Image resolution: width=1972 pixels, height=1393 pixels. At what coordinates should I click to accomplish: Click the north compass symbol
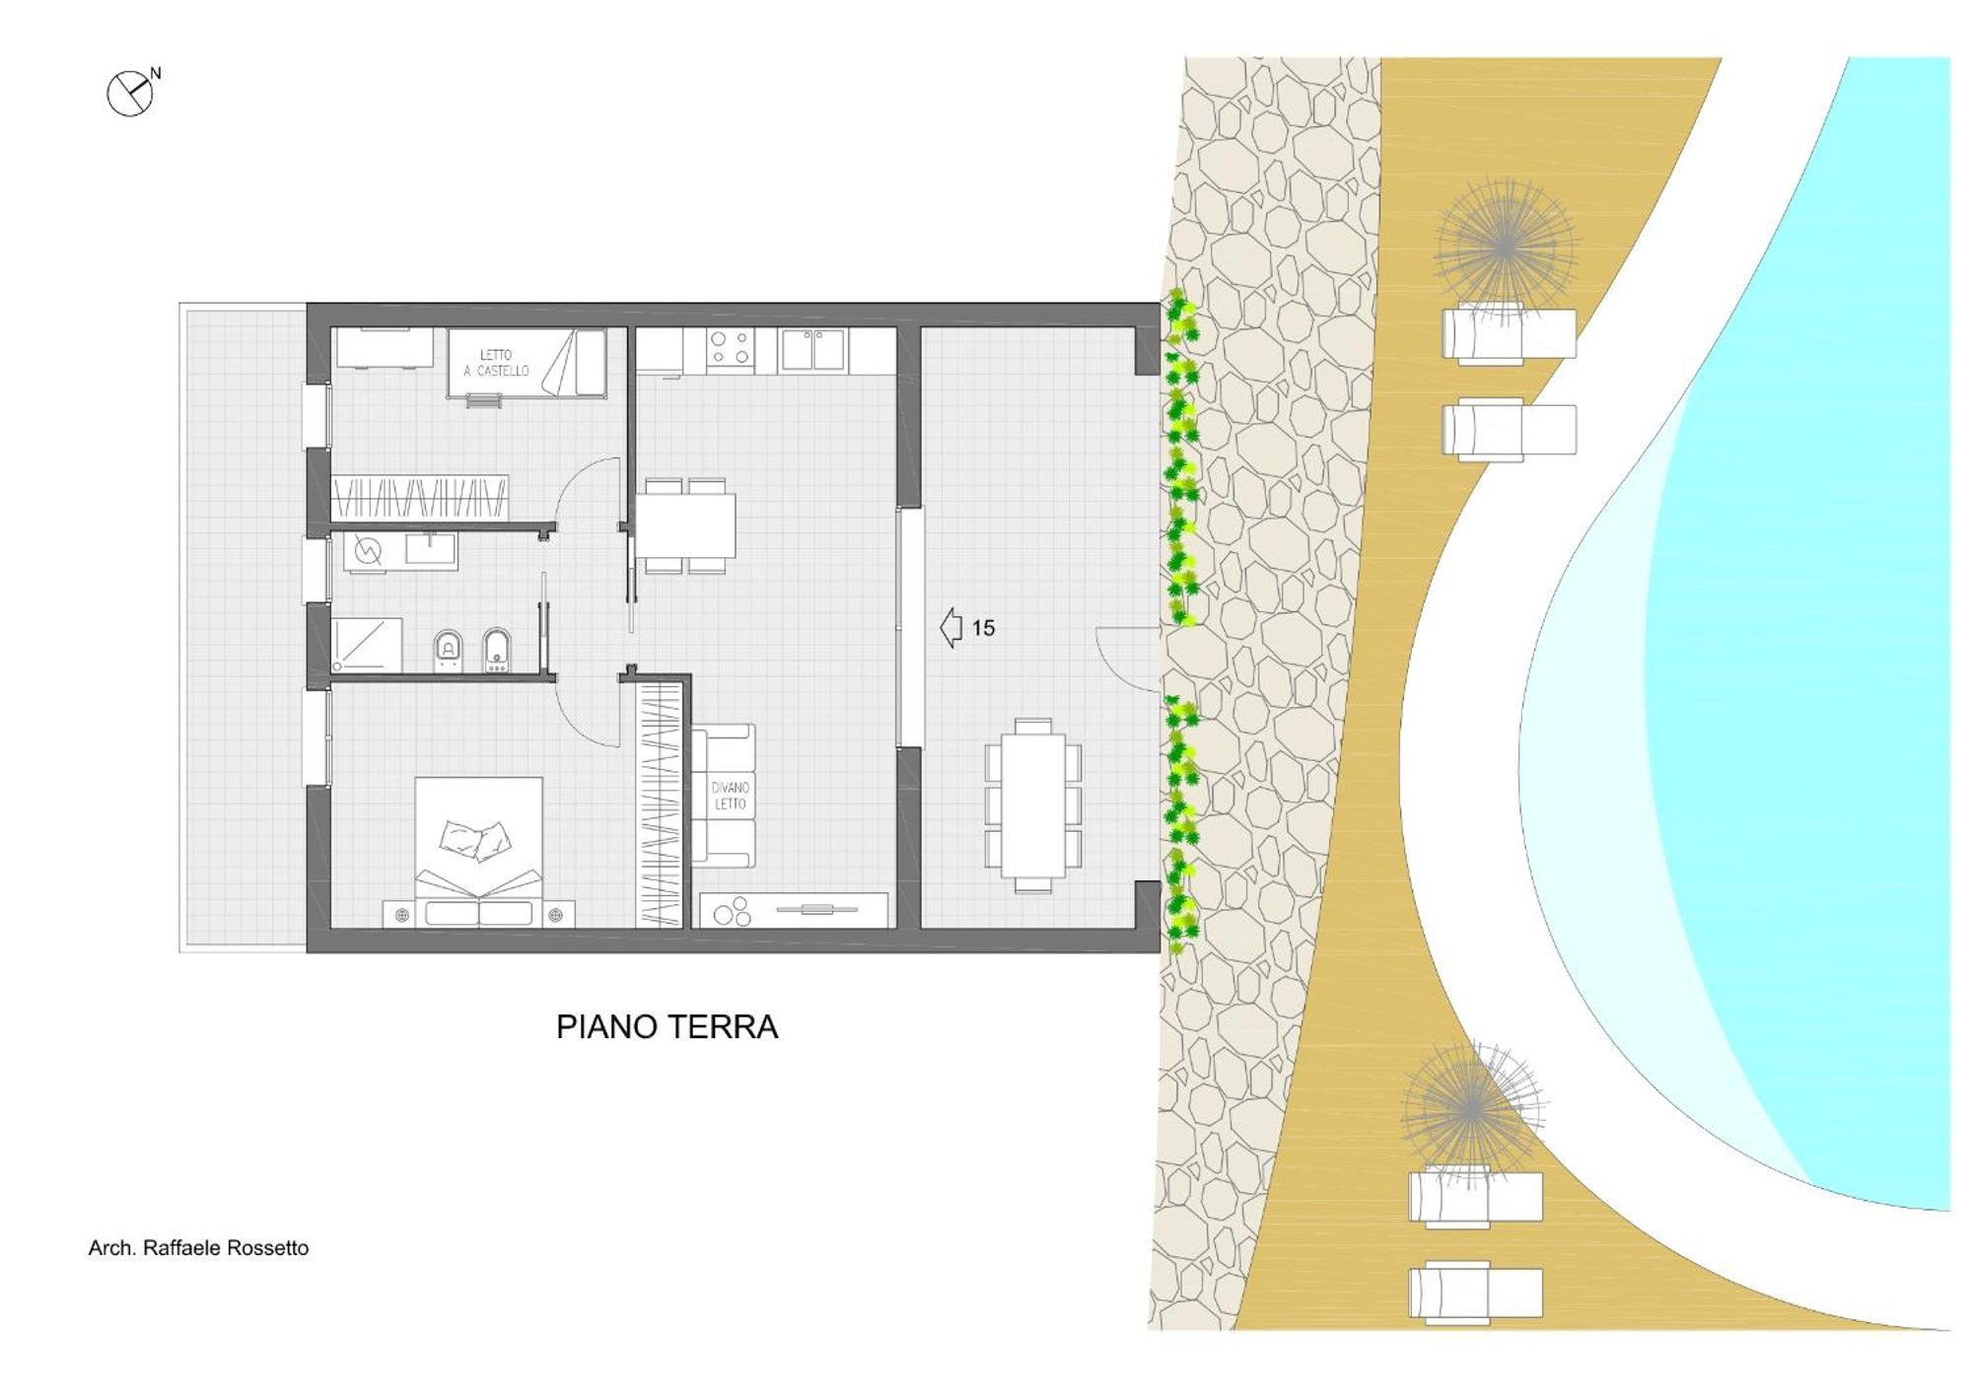131,94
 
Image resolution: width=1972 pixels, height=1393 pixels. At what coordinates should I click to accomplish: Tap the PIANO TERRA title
667,1027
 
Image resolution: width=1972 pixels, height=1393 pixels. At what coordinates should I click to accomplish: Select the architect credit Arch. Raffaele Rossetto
198,1248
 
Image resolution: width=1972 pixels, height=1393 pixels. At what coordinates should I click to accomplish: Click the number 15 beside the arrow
983,628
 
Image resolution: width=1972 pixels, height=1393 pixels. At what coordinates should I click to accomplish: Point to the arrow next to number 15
951,628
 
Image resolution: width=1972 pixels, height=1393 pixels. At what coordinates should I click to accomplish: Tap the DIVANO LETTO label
731,796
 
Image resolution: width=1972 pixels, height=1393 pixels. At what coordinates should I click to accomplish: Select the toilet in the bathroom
449,650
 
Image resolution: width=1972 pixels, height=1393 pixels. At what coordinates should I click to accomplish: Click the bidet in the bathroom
497,650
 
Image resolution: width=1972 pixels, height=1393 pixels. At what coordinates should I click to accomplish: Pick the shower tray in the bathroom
367,645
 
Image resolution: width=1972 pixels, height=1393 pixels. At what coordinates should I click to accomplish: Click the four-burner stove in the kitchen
731,348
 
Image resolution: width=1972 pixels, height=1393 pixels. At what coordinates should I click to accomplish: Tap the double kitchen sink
813,349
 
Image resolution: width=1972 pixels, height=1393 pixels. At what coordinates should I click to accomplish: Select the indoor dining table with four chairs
685,525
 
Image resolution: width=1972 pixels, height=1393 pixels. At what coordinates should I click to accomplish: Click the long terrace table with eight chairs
1032,805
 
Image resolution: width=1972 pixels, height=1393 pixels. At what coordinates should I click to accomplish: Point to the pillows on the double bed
476,839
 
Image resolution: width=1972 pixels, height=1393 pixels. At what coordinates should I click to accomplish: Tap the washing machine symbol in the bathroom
368,550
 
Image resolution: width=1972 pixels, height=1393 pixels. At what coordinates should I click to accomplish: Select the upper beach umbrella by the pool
1505,245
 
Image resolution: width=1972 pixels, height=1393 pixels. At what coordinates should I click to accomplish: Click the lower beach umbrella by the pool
1471,1110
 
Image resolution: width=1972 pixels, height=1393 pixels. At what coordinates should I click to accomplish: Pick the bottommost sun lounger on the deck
1475,1292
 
